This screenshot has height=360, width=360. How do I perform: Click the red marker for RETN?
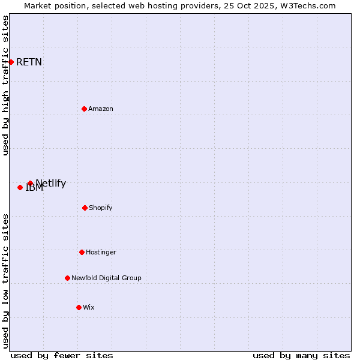point(11,62)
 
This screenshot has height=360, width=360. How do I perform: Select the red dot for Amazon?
point(84,109)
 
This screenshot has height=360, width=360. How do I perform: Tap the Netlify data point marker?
point(30,183)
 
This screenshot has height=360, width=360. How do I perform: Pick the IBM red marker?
point(20,187)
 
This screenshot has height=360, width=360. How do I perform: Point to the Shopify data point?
point(85,208)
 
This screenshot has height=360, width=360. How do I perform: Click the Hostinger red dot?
point(82,252)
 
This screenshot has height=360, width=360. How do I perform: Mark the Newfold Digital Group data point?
point(67,278)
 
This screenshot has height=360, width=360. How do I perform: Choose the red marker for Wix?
point(79,307)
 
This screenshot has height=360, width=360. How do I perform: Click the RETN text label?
point(29,62)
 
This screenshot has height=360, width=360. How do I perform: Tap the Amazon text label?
point(101,109)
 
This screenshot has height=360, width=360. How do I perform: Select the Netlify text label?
point(51,183)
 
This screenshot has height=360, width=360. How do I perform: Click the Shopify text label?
point(101,208)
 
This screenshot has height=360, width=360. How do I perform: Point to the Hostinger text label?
point(101,252)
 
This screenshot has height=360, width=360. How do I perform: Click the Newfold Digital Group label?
point(106,278)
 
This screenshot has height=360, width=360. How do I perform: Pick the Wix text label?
point(89,307)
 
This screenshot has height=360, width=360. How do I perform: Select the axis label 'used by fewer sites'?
point(62,355)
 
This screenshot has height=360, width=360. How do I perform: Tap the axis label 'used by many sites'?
point(301,355)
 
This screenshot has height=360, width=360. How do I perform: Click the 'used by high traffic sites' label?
point(5,85)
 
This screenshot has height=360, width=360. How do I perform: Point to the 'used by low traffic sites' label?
point(5,281)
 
